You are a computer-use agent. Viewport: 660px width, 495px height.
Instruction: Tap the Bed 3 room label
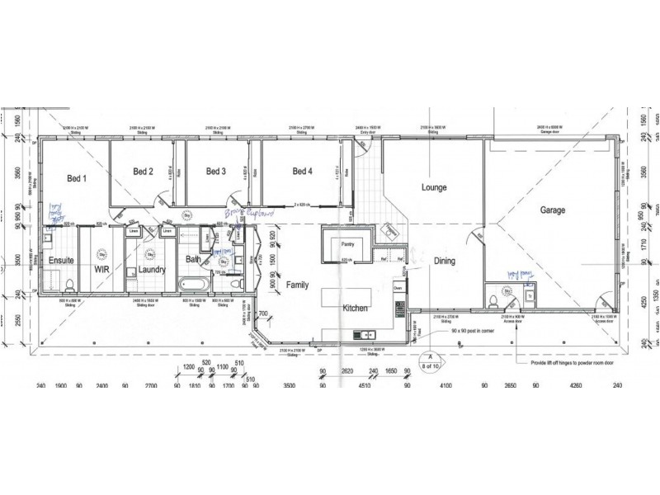click(216, 172)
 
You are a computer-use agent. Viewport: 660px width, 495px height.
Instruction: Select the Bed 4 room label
click(302, 172)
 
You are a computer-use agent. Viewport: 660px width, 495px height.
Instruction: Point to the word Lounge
click(433, 187)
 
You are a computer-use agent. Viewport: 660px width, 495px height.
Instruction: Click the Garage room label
click(552, 210)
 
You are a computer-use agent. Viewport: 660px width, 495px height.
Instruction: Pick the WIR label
click(102, 268)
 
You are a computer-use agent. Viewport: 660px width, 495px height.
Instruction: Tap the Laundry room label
click(153, 269)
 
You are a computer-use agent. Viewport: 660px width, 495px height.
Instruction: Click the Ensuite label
click(60, 261)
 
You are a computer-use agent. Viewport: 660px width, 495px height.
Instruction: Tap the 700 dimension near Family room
click(262, 314)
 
